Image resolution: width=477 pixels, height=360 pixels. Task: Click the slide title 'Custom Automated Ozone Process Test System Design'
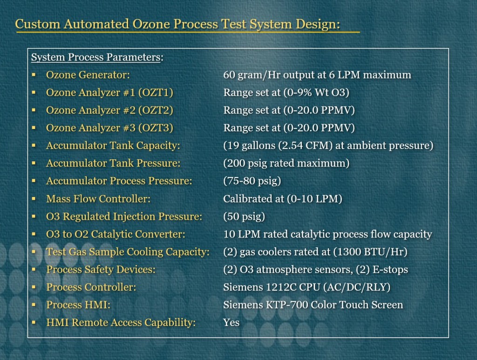[x=177, y=24]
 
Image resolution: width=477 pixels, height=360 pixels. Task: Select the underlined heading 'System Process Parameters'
[x=95, y=57]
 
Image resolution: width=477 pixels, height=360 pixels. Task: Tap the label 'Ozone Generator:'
[x=88, y=75]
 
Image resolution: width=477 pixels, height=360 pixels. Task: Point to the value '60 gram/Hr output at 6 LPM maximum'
[x=317, y=75]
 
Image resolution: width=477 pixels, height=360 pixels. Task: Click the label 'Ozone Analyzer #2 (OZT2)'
[x=109, y=110]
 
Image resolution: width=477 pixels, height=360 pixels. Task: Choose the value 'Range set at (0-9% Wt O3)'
[x=286, y=92]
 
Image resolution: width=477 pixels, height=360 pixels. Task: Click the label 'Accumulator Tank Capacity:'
[x=113, y=145]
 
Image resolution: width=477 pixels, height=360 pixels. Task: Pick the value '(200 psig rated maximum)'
[x=286, y=163]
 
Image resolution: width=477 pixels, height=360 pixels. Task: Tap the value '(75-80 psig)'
[x=252, y=181]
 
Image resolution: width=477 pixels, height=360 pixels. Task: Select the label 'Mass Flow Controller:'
[x=98, y=198]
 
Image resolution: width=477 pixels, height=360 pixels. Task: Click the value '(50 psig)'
[x=244, y=217]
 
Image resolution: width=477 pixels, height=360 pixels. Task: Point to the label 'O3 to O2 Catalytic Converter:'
[x=116, y=234]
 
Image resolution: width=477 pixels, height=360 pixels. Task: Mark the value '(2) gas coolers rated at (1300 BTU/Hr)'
[x=315, y=252]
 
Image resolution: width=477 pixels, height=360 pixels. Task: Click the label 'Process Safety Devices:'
[x=101, y=269]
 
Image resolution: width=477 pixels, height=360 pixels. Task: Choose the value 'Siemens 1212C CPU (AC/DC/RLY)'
[x=307, y=287]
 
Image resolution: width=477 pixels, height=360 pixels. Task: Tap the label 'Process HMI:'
[x=78, y=305]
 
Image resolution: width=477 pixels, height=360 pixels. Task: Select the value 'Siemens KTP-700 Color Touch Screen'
[x=313, y=305]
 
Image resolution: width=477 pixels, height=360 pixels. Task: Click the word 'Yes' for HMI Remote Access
[x=231, y=322]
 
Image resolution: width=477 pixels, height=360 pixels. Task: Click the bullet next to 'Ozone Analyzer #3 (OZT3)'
[x=34, y=128]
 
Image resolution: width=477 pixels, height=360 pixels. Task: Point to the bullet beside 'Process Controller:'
[x=34, y=287]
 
